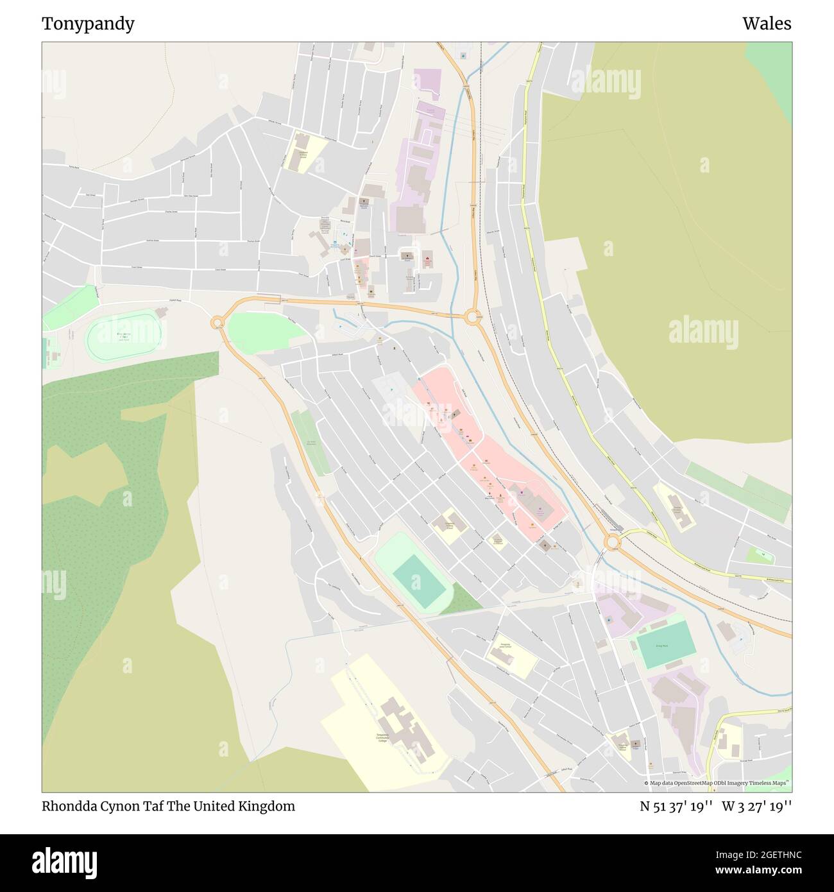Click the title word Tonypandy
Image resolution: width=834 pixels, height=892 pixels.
(x=88, y=24)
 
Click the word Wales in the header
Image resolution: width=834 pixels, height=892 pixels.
(x=767, y=24)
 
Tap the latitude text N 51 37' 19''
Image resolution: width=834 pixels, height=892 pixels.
(x=676, y=807)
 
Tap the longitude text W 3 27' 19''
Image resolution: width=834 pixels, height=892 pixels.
(x=756, y=807)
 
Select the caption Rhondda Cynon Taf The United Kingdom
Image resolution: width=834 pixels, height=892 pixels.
(x=168, y=807)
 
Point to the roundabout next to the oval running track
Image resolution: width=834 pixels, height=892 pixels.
(x=217, y=322)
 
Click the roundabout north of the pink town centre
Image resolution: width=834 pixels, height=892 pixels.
(x=474, y=316)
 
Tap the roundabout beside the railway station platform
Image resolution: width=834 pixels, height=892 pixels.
(x=613, y=543)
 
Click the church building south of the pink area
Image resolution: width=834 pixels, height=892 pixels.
(x=545, y=545)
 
